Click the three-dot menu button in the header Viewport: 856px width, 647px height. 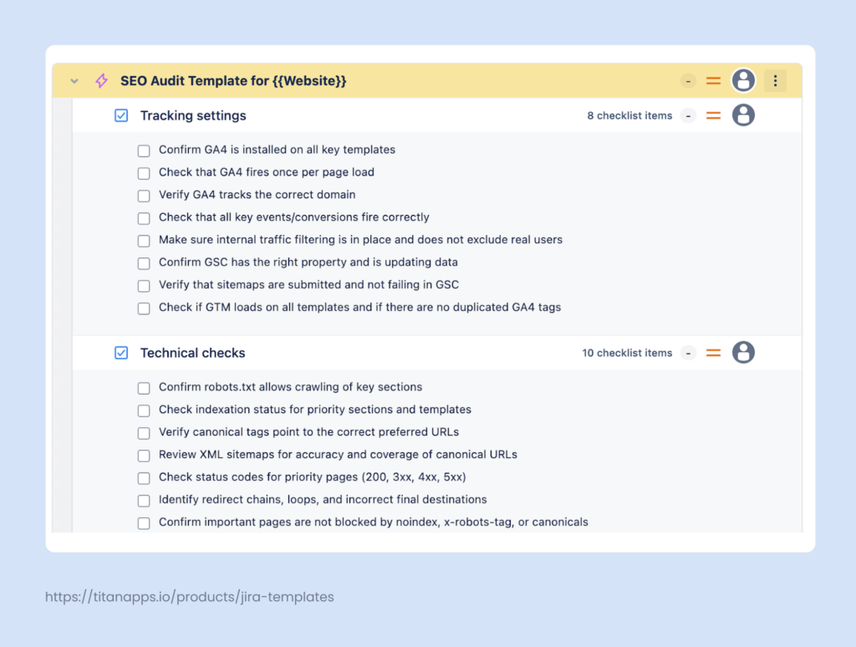click(x=775, y=81)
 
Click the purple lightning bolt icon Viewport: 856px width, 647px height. click(x=101, y=81)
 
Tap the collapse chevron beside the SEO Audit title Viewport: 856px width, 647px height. click(x=74, y=81)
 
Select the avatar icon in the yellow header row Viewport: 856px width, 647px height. click(x=743, y=81)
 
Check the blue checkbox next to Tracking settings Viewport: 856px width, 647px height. click(x=121, y=115)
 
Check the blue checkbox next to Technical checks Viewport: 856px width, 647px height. click(x=121, y=353)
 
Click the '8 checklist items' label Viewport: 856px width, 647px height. click(x=629, y=115)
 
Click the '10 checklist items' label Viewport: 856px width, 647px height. click(x=627, y=353)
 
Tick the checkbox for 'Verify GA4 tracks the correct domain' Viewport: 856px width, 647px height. click(x=144, y=196)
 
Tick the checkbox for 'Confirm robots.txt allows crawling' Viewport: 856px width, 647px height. click(x=144, y=388)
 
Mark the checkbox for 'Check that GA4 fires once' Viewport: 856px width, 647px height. click(x=144, y=173)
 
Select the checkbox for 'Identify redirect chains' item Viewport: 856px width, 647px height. click(x=144, y=501)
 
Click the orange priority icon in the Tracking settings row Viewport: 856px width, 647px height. click(x=713, y=115)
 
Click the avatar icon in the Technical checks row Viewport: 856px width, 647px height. click(x=743, y=353)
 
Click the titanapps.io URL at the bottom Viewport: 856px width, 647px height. click(x=190, y=597)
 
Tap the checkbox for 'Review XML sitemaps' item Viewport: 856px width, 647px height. click(x=144, y=456)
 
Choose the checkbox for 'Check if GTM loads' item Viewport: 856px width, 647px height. click(x=144, y=308)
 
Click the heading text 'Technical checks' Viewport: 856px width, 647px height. click(x=192, y=353)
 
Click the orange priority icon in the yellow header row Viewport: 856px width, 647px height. click(x=713, y=81)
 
